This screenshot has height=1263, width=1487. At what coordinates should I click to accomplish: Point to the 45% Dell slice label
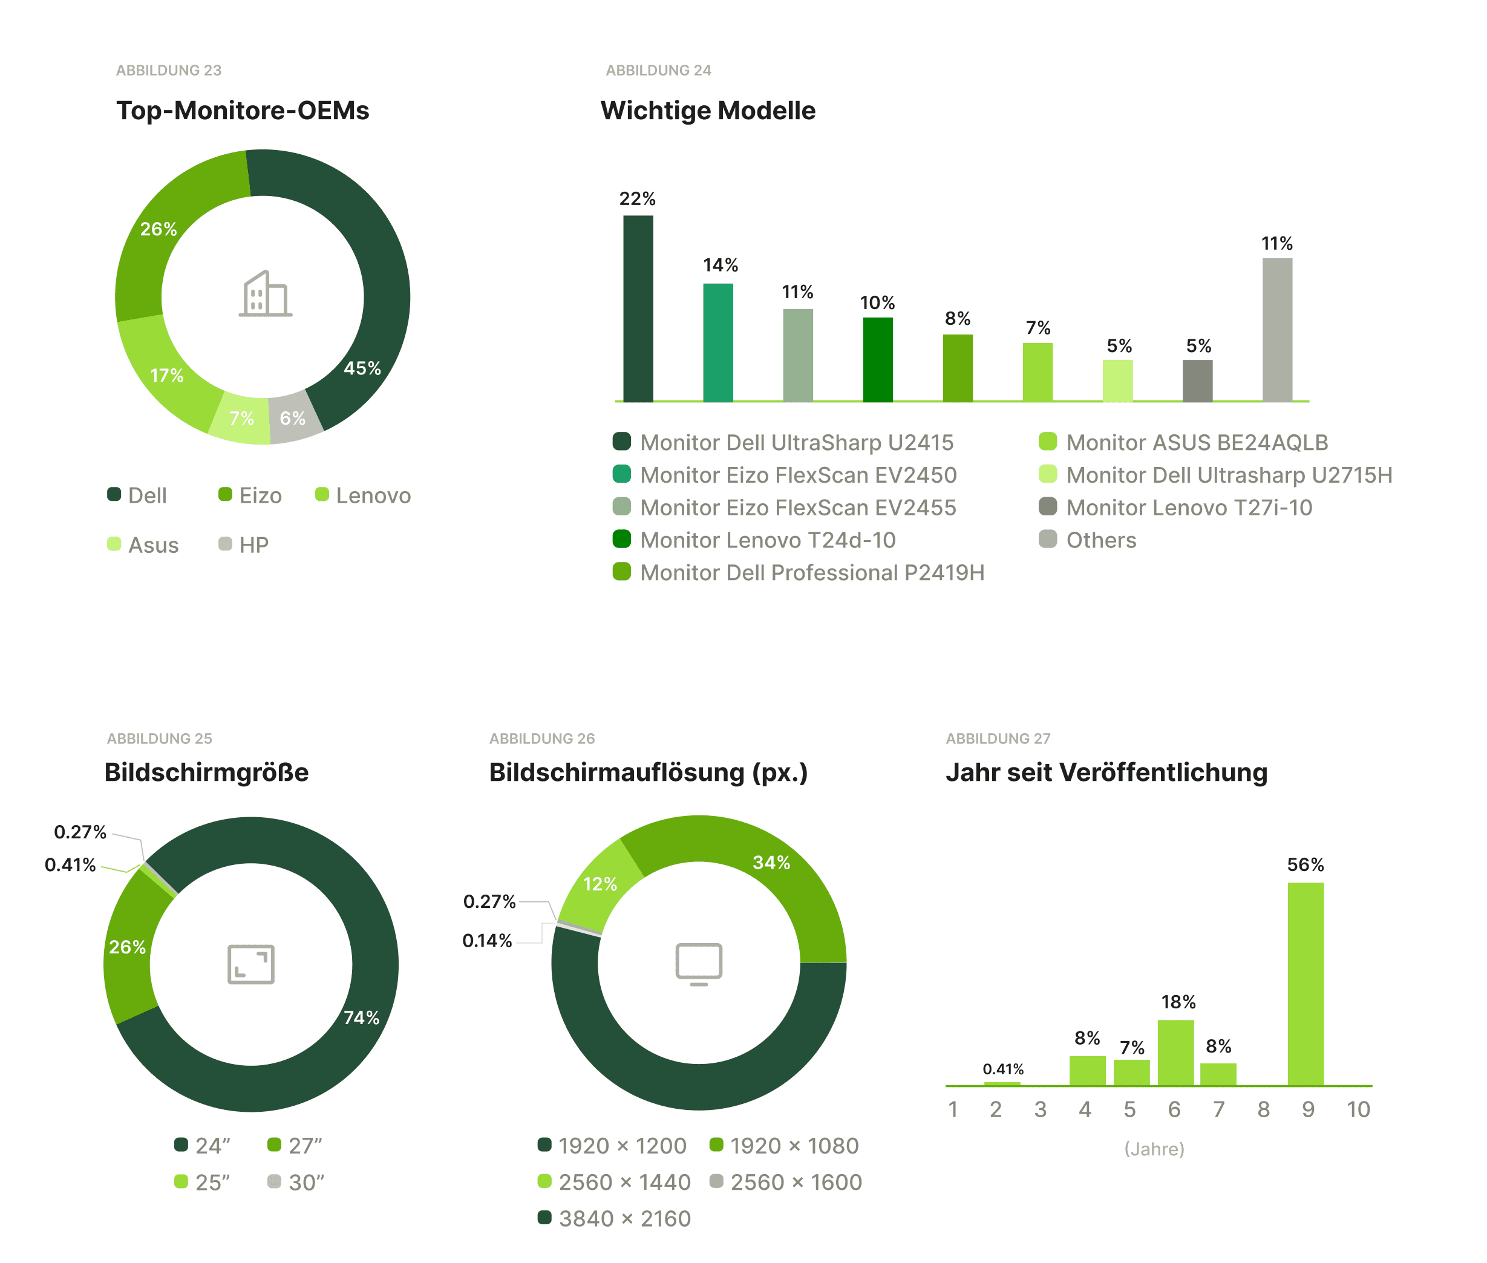click(x=362, y=368)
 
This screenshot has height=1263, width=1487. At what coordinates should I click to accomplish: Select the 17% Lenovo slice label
click(x=167, y=375)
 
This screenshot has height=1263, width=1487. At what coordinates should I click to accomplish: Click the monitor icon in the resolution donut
click(x=698, y=963)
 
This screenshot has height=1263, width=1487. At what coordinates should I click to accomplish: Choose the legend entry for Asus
click(x=143, y=544)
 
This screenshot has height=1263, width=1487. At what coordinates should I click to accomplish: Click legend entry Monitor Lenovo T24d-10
click(x=756, y=540)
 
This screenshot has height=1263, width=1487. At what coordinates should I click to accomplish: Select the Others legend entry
click(x=1088, y=540)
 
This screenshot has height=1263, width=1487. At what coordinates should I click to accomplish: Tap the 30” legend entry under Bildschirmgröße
click(x=296, y=1181)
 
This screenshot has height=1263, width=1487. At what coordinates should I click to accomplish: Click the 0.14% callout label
click(x=487, y=940)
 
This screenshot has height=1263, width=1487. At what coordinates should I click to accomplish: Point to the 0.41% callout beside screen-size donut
click(x=70, y=864)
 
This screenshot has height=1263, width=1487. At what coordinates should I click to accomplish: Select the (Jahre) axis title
click(x=1154, y=1149)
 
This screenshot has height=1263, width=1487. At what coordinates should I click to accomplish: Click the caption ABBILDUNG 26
click(x=542, y=738)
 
